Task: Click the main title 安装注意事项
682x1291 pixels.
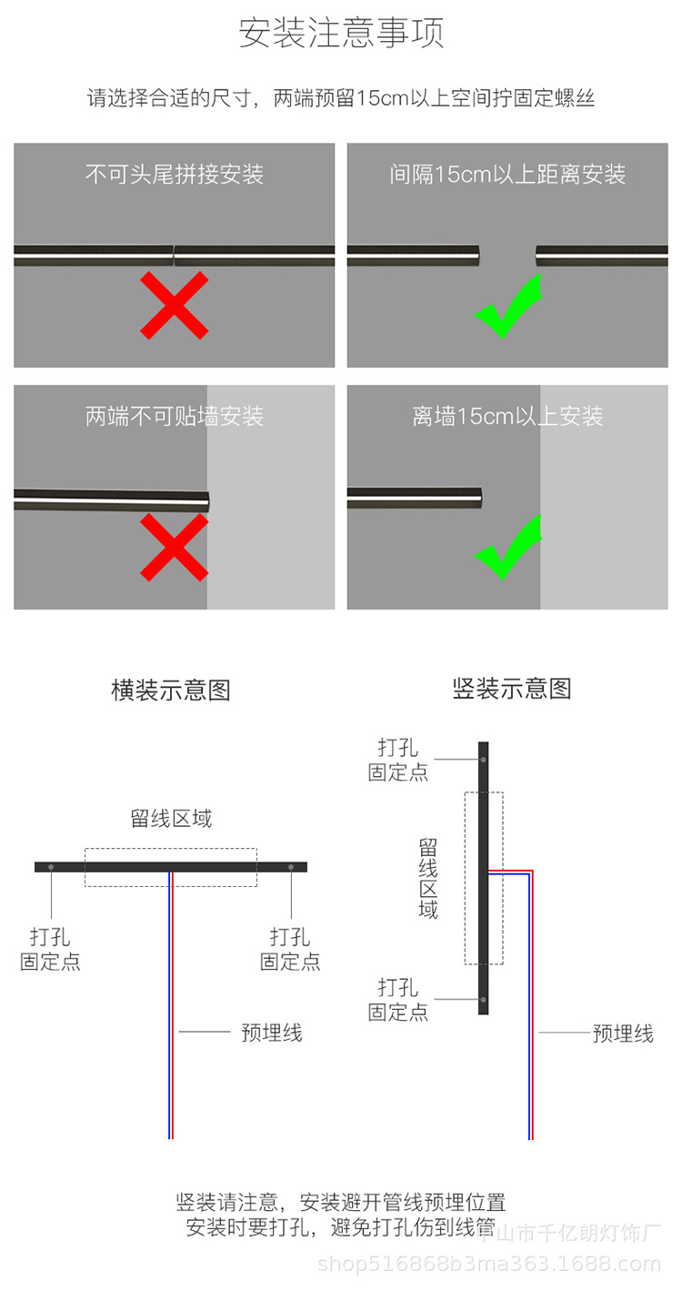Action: tap(341, 34)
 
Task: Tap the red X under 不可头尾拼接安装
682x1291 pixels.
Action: tap(175, 306)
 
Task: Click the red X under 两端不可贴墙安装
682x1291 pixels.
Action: tap(175, 547)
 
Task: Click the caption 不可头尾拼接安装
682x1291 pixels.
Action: tap(175, 174)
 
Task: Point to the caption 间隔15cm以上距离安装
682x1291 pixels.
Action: tap(507, 174)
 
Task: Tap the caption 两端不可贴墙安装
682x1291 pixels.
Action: tap(175, 417)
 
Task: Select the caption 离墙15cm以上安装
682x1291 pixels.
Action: tap(507, 417)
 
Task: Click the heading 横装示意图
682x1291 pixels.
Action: tap(171, 691)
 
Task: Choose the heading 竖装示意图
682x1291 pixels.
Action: tap(512, 689)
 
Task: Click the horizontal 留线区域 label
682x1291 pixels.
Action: tap(171, 819)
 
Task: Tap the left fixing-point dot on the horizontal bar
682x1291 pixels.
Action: tap(52, 867)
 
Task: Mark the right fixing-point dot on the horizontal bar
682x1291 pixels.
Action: tap(291, 867)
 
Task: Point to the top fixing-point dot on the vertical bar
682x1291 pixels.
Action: tap(484, 759)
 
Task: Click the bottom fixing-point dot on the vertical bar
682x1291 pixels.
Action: tap(484, 1000)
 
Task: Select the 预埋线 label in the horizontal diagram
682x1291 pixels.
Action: tap(271, 1033)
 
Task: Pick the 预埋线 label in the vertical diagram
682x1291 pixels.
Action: tap(623, 1034)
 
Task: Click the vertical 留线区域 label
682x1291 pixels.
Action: tap(428, 878)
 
